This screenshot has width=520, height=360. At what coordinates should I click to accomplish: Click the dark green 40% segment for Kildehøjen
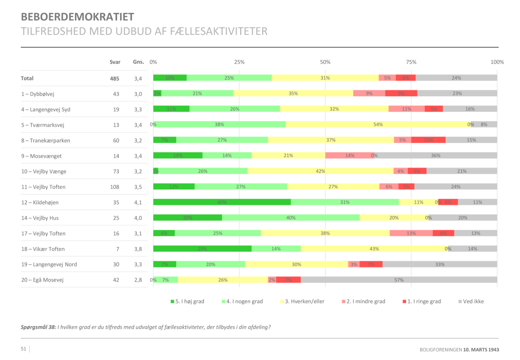(222, 202)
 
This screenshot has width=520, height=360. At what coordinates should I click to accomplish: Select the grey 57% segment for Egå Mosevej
(399, 280)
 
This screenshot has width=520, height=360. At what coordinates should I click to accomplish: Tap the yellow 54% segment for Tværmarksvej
(378, 124)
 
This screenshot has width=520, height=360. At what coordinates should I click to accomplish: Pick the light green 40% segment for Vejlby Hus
(291, 218)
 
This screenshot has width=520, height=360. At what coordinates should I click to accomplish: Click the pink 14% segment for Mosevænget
(349, 156)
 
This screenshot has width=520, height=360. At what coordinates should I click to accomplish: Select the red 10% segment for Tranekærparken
(428, 140)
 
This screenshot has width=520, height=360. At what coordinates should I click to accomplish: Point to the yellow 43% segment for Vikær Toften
(374, 249)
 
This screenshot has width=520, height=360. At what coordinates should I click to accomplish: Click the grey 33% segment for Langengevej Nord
(440, 264)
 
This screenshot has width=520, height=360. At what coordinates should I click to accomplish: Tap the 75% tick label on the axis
(411, 62)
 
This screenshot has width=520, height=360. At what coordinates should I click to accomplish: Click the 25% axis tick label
(239, 62)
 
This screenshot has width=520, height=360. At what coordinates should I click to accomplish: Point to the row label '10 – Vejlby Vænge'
(44, 171)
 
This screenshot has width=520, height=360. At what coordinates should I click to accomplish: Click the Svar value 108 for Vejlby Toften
(114, 187)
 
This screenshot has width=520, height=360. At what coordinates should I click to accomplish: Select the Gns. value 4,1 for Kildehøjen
(138, 202)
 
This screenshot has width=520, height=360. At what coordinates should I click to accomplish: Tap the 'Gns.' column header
(138, 62)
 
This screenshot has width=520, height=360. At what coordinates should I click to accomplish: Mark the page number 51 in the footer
(23, 349)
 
